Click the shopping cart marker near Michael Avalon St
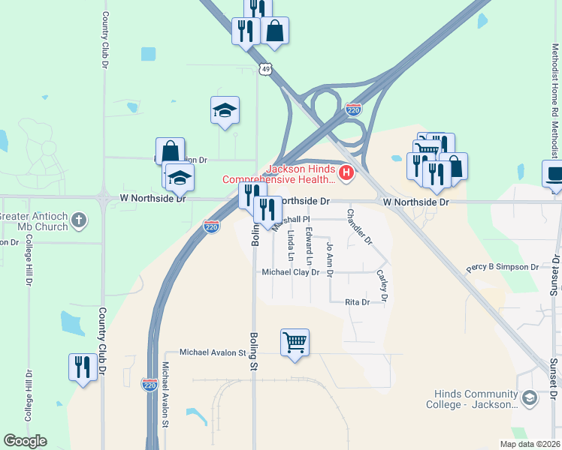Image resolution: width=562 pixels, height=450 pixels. tap(295, 343)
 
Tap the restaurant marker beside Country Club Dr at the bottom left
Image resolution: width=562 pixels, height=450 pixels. tap(83, 367)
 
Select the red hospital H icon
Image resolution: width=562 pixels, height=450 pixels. tap(346, 174)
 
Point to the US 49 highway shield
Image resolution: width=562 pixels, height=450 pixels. tap(266, 69)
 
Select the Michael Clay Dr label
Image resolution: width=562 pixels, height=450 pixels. tap(296, 272)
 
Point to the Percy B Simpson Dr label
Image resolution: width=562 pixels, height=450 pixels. tap(502, 267)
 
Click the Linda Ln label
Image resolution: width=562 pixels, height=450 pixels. tap(291, 245)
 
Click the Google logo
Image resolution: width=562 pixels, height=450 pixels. tap(25, 441)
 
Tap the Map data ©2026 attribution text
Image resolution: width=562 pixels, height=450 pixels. tap(529, 444)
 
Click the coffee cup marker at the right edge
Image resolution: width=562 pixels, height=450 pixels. tap(554, 173)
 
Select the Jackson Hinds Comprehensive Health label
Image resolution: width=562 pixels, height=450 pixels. tap(279, 174)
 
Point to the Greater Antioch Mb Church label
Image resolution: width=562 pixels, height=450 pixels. tap(35, 222)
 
